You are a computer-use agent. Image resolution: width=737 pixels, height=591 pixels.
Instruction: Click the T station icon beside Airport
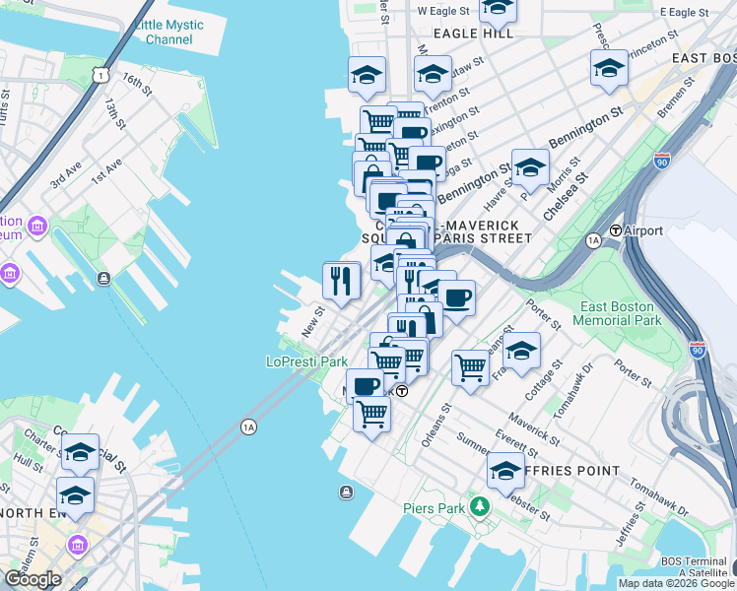(616, 230)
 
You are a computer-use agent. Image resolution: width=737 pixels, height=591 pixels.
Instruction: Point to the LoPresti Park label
(307, 361)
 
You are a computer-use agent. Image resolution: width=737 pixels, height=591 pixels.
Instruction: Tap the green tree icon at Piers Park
(480, 507)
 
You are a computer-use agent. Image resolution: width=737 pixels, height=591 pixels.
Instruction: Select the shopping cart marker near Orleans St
(471, 367)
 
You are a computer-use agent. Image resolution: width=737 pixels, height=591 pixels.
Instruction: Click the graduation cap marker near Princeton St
(609, 67)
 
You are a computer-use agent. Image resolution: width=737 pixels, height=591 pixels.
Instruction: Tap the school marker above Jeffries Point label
(506, 470)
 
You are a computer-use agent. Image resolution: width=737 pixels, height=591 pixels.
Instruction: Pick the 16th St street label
(138, 79)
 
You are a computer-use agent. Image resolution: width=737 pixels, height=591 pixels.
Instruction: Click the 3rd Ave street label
(66, 176)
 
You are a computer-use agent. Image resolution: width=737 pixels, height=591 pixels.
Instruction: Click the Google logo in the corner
(33, 579)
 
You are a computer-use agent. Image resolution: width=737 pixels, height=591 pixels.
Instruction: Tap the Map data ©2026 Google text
(676, 583)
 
